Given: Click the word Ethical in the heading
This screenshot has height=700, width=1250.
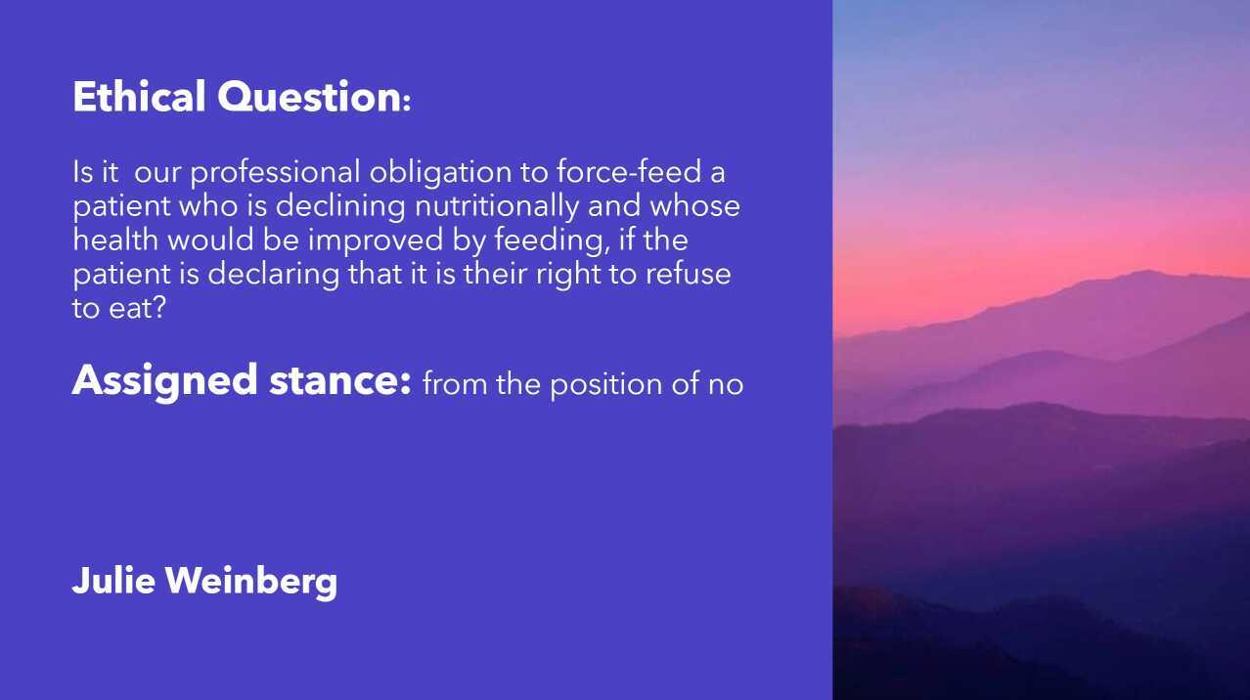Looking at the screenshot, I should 139,98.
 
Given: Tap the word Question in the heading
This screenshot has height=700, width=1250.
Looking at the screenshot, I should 309,98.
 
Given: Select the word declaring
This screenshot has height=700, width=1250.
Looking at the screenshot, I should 275,274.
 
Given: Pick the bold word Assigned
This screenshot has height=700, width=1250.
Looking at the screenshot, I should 164,380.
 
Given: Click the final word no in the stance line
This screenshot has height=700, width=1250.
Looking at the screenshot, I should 726,383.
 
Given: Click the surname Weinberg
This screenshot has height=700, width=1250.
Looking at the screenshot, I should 251,581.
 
